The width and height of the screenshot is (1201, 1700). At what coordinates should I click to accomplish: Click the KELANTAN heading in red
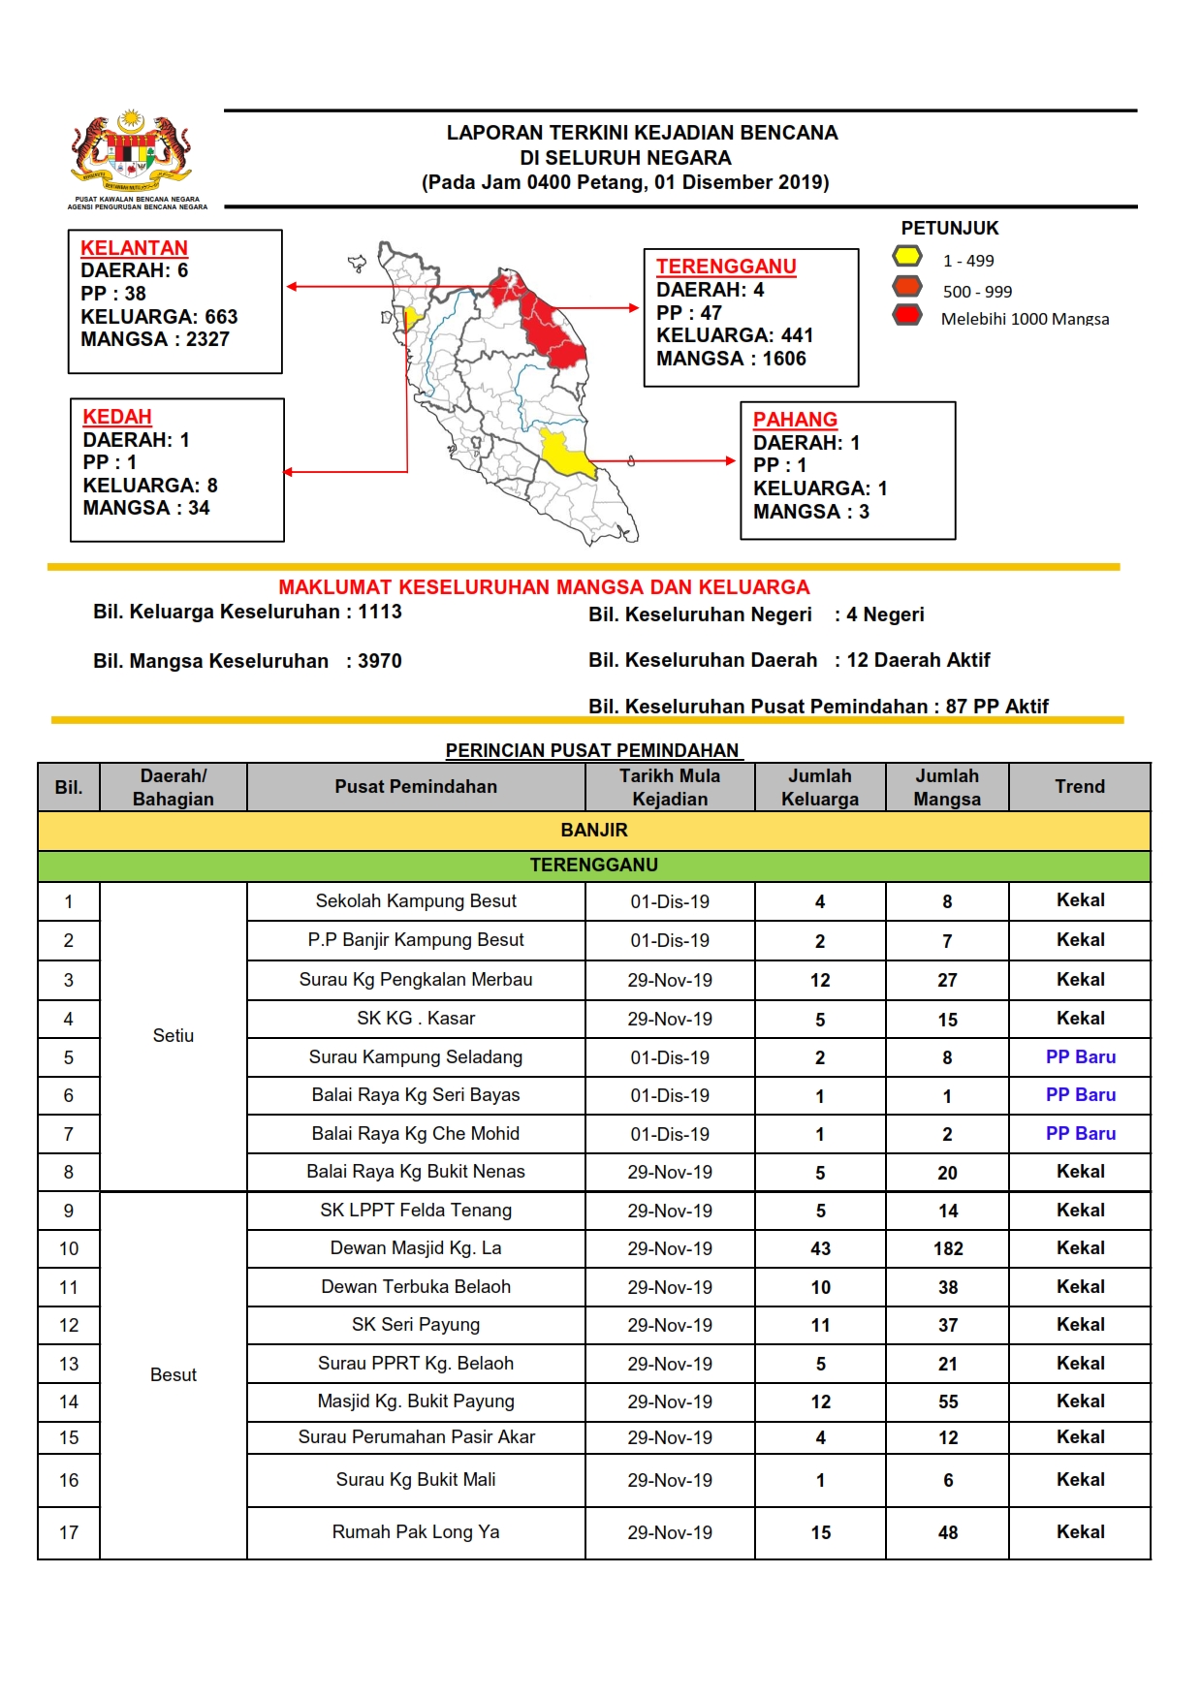point(134,248)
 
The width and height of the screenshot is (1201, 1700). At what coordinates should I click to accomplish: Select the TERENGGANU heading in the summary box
point(726,267)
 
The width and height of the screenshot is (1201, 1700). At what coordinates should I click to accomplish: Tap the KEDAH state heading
point(117,417)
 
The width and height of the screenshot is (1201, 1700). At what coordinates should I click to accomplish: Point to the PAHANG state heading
point(795,420)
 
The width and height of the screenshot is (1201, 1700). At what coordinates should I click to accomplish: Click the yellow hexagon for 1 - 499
point(907,257)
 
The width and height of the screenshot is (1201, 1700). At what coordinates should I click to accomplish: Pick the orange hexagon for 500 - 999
point(907,287)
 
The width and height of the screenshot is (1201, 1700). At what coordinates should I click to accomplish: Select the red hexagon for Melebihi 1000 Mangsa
point(907,315)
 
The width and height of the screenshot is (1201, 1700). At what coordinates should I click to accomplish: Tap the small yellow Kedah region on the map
point(411,317)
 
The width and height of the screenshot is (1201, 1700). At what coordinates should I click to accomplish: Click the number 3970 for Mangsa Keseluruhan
point(380,661)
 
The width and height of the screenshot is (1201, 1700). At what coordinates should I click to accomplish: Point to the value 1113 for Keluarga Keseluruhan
point(380,612)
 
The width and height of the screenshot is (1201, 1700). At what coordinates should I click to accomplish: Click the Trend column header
point(1079,787)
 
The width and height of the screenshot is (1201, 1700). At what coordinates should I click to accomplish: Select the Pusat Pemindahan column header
point(416,787)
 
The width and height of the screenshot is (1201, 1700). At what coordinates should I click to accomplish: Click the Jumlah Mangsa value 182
point(948,1249)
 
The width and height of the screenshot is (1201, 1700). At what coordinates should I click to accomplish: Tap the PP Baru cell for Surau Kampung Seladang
point(1080,1057)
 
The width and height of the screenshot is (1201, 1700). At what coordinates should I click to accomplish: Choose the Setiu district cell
point(174,1036)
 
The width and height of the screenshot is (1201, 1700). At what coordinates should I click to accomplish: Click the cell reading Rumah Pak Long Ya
point(416,1532)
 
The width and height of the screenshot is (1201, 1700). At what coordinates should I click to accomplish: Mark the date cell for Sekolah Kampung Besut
point(670,902)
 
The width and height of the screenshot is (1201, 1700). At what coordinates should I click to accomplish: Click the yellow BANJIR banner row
point(594,831)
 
